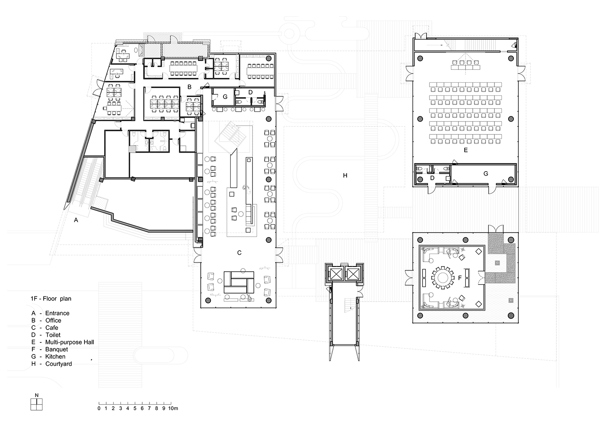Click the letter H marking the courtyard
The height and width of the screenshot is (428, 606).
[345, 176]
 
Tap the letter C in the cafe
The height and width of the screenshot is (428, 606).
[239, 252]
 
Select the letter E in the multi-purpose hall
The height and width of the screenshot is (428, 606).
[465, 150]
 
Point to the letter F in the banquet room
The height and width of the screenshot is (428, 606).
[460, 278]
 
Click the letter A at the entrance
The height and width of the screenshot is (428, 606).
[76, 220]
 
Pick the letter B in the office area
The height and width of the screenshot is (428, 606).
[189, 87]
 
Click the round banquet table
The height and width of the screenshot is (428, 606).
[443, 277]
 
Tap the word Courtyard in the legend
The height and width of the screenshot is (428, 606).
[59, 364]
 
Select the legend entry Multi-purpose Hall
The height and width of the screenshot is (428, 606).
[69, 342]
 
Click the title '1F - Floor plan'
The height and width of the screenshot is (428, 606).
[51, 298]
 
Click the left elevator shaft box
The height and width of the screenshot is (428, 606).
[336, 275]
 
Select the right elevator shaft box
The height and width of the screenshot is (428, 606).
[353, 275]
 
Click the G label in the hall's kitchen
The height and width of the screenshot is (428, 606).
[486, 174]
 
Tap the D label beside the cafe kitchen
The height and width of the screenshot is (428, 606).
[250, 92]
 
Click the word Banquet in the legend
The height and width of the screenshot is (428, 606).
[57, 349]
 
